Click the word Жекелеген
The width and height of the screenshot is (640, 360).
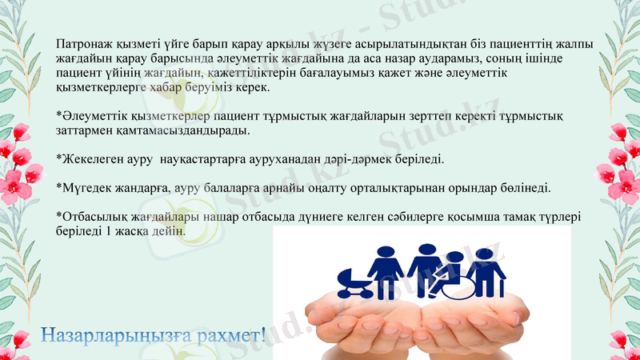(89, 159)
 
